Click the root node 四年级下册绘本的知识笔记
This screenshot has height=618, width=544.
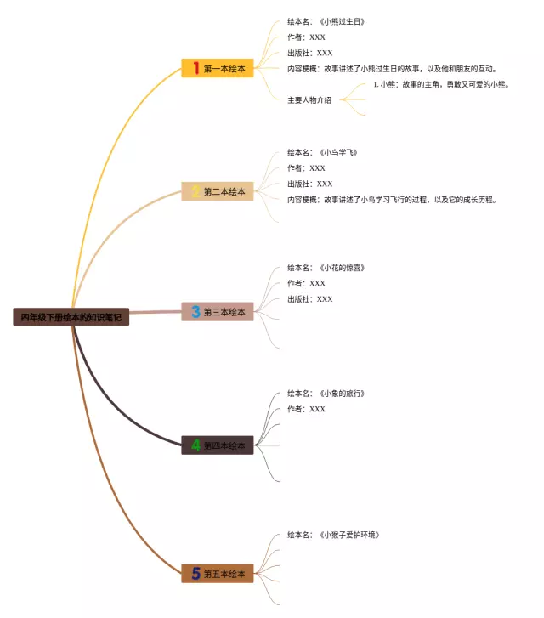tap(71, 317)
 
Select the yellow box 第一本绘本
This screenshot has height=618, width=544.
tap(218, 68)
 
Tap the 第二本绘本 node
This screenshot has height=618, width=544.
tap(218, 191)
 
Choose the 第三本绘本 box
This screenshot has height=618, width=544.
tap(218, 312)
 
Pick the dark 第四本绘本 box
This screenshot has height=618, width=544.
tap(218, 445)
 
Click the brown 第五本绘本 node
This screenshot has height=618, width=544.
tap(218, 573)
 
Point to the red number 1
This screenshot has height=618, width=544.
tap(195, 68)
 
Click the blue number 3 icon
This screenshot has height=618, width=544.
tap(195, 311)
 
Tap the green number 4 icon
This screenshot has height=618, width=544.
tap(195, 445)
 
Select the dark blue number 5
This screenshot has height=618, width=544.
tap(195, 573)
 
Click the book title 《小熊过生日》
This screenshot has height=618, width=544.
tap(342, 22)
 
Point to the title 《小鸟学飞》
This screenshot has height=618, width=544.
tap(338, 152)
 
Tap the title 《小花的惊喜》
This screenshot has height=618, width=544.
tap(342, 268)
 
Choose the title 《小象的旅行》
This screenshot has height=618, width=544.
tap(342, 394)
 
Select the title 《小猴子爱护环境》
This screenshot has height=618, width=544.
tap(349, 535)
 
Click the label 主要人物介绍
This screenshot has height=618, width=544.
tap(309, 100)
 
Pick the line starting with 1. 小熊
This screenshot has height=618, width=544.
tap(441, 84)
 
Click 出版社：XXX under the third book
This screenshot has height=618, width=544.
tap(310, 299)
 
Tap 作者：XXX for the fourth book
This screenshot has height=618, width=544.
tap(306, 409)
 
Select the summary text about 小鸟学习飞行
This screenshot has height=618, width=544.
tap(392, 200)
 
